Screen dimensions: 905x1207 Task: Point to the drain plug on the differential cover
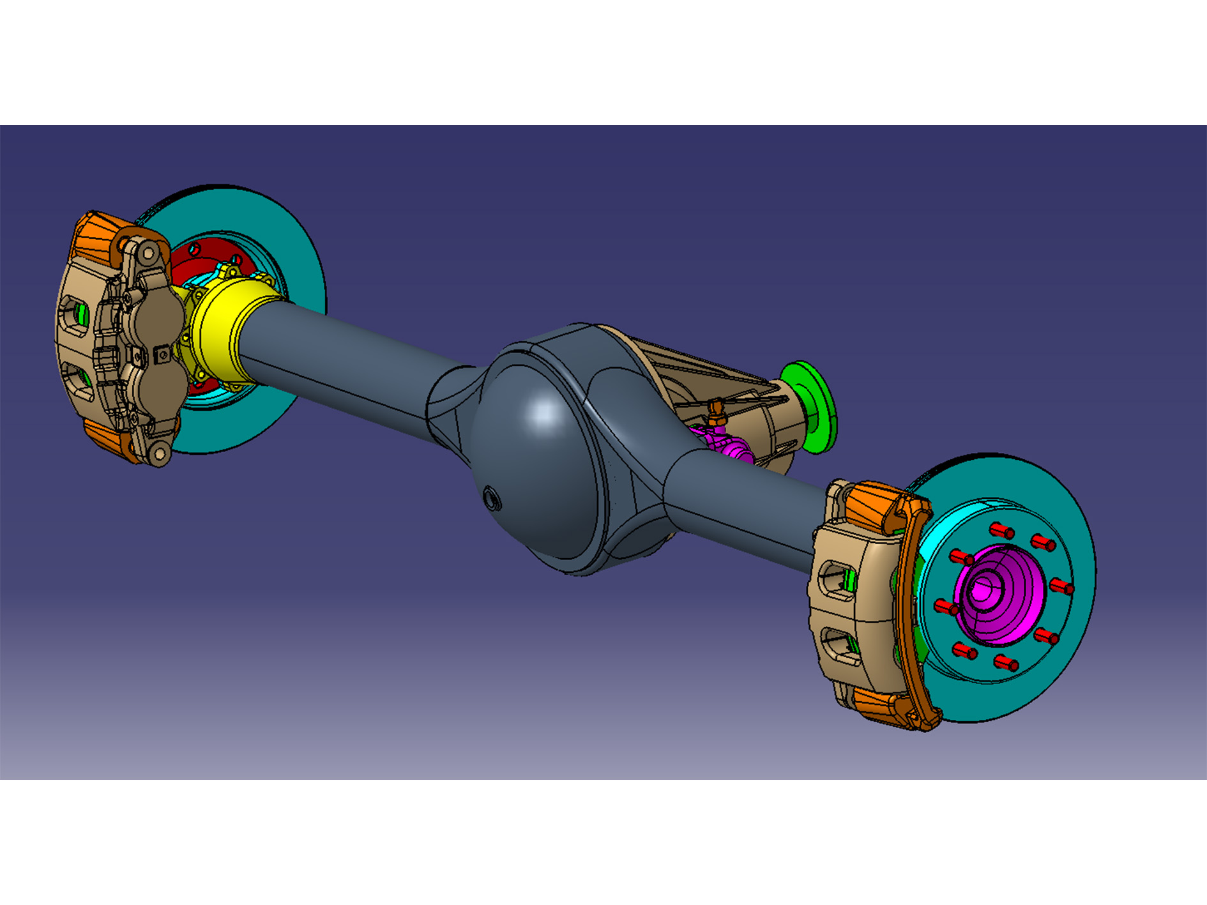tap(491, 498)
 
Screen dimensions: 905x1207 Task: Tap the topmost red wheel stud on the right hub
tap(1001, 529)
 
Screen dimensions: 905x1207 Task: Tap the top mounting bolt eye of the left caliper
tap(149, 254)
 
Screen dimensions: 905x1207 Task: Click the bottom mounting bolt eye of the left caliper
tap(159, 454)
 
